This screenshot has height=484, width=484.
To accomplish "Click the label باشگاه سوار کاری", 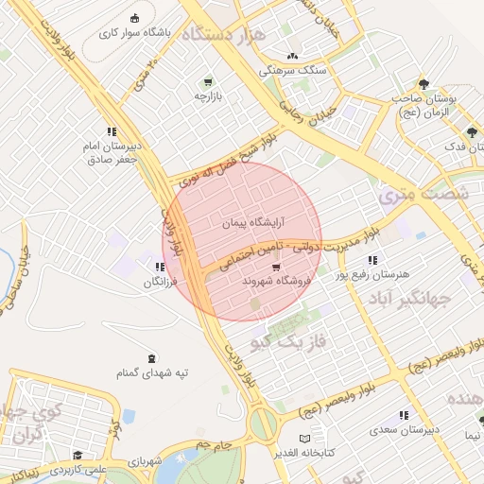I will click(135, 32).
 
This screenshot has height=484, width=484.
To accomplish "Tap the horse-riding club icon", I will click(135, 18).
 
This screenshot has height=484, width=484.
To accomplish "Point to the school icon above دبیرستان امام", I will click(112, 132).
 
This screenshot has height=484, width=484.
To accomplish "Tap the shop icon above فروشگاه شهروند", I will click(275, 268).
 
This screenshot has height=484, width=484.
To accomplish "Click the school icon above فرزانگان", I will click(160, 268).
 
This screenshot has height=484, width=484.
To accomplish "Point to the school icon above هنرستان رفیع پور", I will click(373, 260).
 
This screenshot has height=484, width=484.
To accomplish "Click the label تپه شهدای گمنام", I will click(153, 372).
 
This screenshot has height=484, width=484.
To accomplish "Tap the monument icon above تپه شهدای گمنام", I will click(153, 357).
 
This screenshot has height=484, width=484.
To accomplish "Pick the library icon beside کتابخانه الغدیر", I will click(303, 439).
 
